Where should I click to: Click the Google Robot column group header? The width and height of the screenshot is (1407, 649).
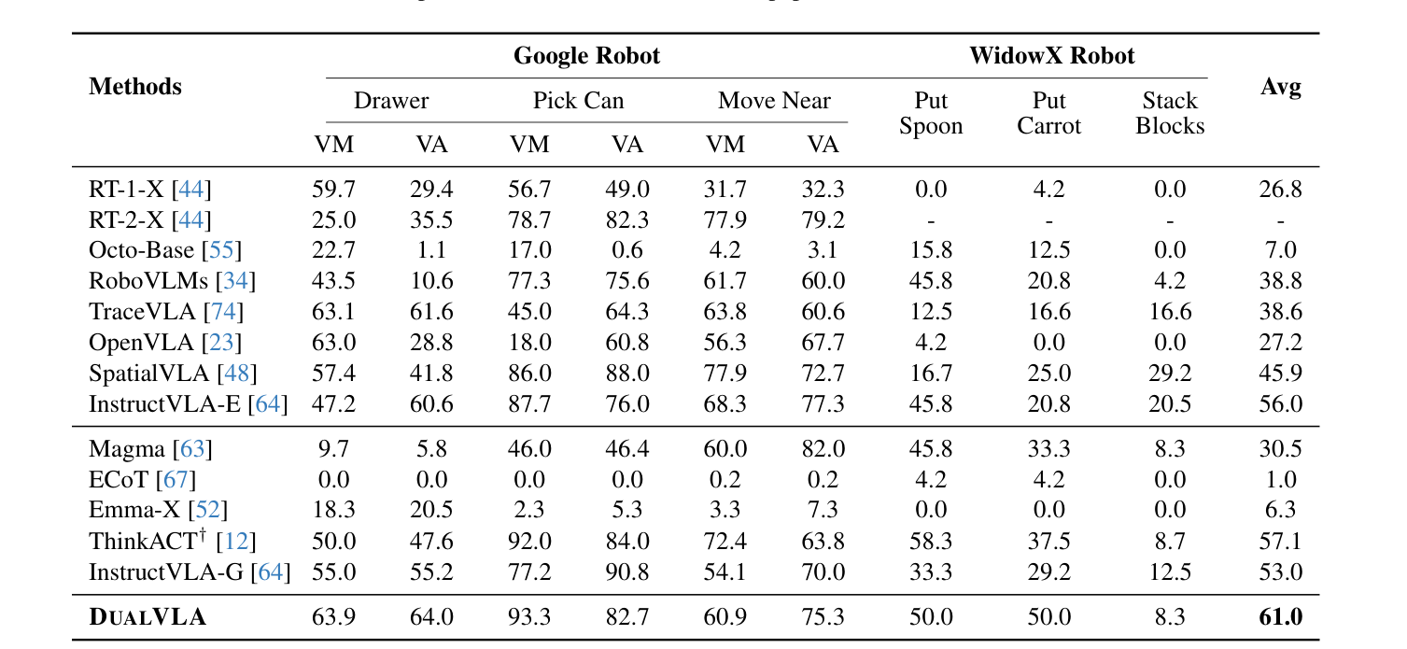586,56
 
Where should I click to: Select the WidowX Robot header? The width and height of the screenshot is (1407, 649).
1051,56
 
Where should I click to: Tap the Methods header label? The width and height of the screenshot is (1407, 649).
135,87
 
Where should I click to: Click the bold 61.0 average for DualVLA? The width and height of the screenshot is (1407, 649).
1280,617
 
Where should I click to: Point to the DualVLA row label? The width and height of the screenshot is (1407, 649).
148,617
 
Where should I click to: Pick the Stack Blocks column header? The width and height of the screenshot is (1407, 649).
1169,113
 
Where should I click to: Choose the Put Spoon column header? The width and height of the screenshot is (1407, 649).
930,113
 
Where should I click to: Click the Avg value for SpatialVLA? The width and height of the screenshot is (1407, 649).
1280,374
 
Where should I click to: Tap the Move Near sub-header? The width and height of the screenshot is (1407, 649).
774,101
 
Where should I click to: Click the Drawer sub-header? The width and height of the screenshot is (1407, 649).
391,101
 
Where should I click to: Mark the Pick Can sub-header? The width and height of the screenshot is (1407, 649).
578,101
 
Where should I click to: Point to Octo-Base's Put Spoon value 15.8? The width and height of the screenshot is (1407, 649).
930,250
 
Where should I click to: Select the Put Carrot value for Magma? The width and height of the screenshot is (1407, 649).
1048,449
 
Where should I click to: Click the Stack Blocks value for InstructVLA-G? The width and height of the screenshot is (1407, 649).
1169,571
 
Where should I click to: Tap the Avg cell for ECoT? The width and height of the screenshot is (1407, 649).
1280,480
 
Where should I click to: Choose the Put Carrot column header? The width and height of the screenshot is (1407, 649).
1048,113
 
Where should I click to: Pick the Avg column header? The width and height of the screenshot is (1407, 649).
1280,87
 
